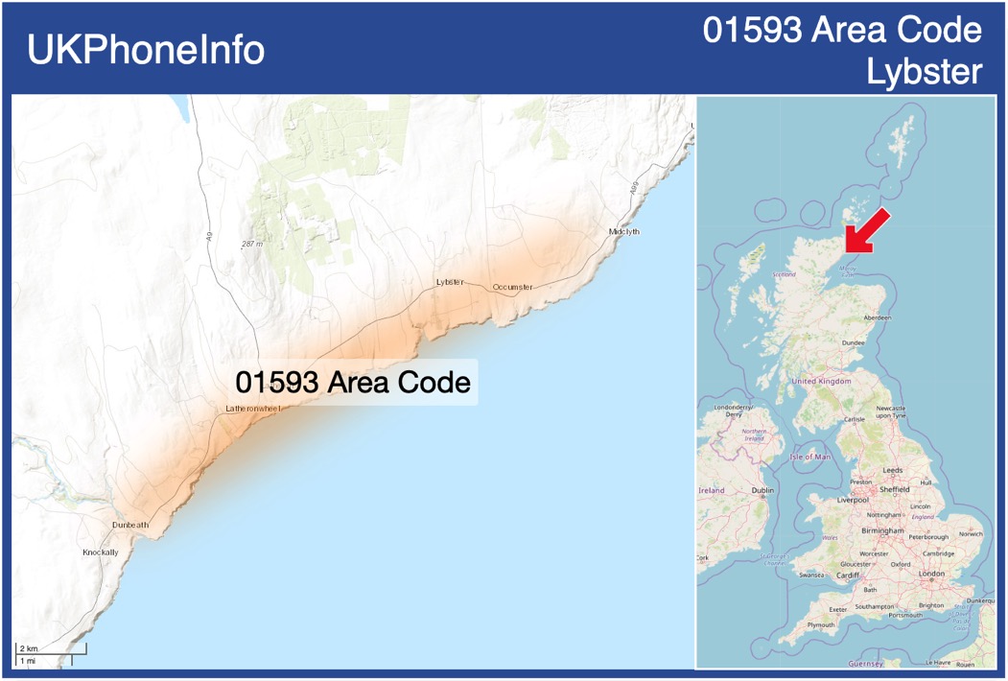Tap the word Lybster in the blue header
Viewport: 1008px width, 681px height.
[924, 72]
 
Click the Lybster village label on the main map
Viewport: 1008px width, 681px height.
[449, 282]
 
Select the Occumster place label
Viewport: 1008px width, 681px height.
[512, 288]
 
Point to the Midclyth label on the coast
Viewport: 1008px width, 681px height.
[623, 232]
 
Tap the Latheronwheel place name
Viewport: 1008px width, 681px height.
[252, 409]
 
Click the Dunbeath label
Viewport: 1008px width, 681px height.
[130, 526]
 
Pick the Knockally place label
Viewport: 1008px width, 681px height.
[100, 552]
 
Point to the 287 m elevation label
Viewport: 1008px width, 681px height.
[252, 245]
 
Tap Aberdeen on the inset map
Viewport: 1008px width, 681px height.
[877, 317]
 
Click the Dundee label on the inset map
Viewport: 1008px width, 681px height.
[853, 342]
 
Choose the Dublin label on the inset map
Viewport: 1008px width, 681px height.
[762, 491]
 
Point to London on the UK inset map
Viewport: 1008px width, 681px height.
[931, 574]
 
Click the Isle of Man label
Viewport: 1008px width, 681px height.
[810, 457]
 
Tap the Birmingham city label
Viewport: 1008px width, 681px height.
[882, 530]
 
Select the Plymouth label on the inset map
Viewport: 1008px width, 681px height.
[820, 624]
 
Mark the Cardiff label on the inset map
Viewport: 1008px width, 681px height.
[848, 575]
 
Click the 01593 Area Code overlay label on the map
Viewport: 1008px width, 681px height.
[353, 382]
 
